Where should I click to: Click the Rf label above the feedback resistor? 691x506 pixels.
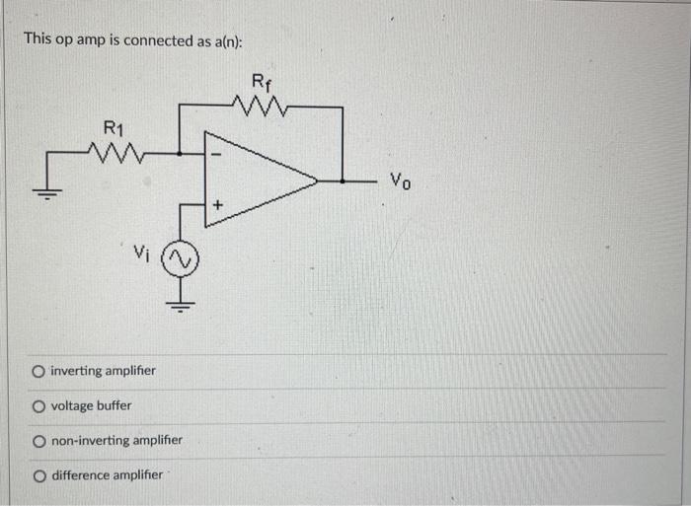pyautogui.click(x=261, y=82)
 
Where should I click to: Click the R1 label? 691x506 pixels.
pyautogui.click(x=115, y=127)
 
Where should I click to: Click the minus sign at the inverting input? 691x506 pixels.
pyautogui.click(x=219, y=155)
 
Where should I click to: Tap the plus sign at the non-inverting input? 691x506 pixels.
pyautogui.click(x=219, y=206)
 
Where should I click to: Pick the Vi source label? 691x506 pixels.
pyautogui.click(x=140, y=253)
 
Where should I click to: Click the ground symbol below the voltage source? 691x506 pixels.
pyautogui.click(x=181, y=302)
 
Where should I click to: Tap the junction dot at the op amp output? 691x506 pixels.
pyautogui.click(x=342, y=181)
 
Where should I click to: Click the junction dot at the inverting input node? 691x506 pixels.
pyautogui.click(x=181, y=153)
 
